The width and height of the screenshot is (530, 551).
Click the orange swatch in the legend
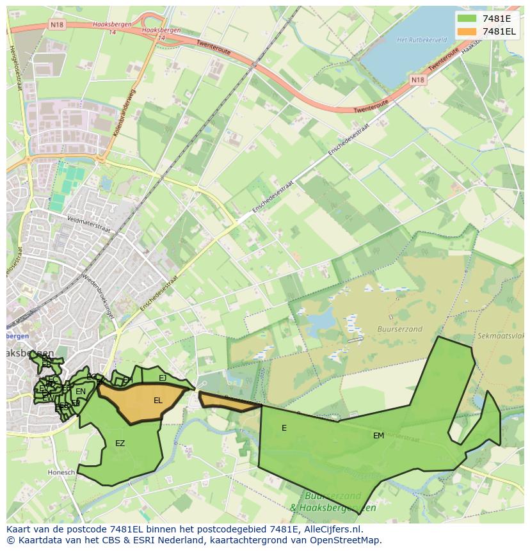pyautogui.click(x=467, y=31)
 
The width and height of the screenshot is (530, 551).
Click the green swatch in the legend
pyautogui.click(x=467, y=19)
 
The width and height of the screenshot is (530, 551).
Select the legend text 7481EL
pyautogui.click(x=499, y=31)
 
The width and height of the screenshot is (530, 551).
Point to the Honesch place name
pyautogui.click(x=61, y=472)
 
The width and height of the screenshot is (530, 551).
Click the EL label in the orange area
pyautogui.click(x=157, y=401)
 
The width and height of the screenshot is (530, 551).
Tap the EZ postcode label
pyautogui.click(x=120, y=443)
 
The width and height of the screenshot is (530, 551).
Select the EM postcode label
pyautogui.click(x=378, y=435)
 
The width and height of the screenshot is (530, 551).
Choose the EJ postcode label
pyautogui.click(x=163, y=378)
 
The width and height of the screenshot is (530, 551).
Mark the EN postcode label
pyautogui.click(x=80, y=392)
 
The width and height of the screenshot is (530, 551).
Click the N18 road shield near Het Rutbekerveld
pyautogui.click(x=417, y=80)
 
